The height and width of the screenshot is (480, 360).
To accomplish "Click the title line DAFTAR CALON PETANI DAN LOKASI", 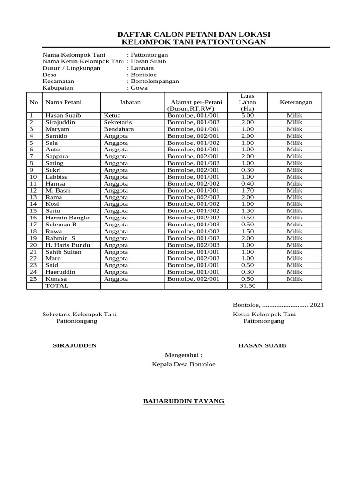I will pos(193,35).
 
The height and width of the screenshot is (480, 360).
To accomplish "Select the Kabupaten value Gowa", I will pos(139,88).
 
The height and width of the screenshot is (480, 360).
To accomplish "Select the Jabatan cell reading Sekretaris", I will pos(118,122).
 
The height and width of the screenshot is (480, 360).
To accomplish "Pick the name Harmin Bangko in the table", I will pos(68,217).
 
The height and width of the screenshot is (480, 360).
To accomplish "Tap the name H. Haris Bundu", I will pos(67,245).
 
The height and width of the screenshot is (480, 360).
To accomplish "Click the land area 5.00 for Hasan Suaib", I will pos(247,115).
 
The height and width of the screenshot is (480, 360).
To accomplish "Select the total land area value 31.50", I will pos(247,285).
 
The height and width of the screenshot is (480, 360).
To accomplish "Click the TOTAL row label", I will pos(57,285).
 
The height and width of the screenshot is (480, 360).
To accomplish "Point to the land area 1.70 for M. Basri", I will pos(247,190).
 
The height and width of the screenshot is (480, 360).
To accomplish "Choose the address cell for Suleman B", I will pos(193,225).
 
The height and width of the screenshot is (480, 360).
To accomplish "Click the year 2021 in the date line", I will pos(316,305).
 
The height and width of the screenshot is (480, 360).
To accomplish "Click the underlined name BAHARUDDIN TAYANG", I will pos(183,401).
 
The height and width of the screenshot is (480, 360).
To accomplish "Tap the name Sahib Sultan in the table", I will pos(63,252).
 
